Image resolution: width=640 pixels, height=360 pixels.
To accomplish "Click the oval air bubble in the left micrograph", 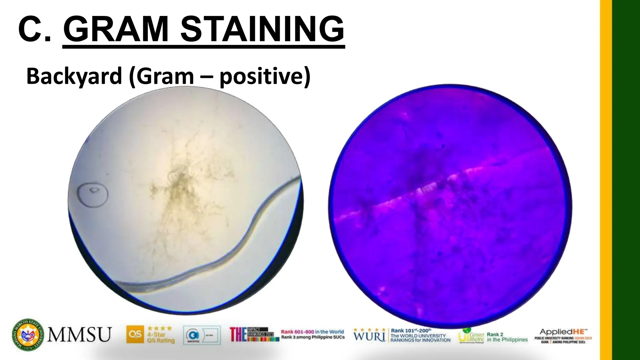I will point(93,194).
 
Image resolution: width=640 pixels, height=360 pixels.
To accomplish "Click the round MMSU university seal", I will point(28,335).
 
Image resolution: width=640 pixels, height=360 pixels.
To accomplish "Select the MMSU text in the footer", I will point(79,335).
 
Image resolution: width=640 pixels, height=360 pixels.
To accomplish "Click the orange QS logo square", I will point(135,334).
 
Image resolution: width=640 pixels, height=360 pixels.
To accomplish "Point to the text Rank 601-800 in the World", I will point(312,332).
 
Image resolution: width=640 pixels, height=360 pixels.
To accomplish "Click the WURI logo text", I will point(369,336).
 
